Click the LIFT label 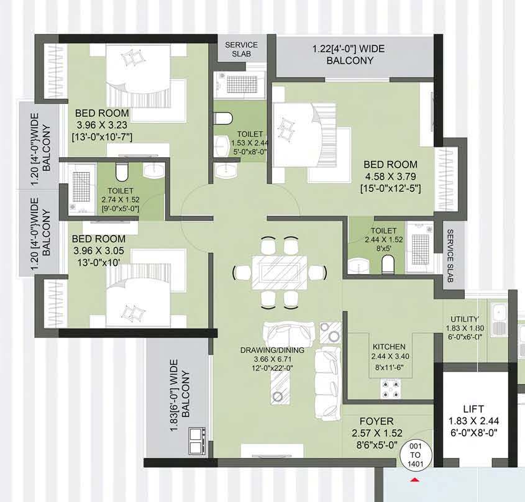473,409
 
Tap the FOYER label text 377,421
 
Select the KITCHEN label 389,347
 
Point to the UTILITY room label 464,319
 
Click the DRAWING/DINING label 272,350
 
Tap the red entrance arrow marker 415,480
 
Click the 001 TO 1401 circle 416,455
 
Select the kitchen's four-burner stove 391,389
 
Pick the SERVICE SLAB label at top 242,49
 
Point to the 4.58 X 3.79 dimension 391,176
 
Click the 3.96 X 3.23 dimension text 102,125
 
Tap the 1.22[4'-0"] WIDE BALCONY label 349,55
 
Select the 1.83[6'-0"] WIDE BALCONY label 180,395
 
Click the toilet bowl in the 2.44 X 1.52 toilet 388,263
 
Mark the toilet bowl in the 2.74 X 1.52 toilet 122,171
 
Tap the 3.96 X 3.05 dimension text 99,250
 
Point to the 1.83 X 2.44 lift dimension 473,421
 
